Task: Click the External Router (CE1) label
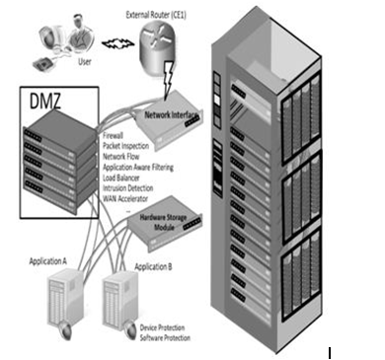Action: (x=156, y=15)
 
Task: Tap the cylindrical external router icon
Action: (x=157, y=46)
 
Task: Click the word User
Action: (x=85, y=61)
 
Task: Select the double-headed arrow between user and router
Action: (x=117, y=43)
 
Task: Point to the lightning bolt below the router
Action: (x=168, y=79)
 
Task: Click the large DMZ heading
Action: (x=45, y=101)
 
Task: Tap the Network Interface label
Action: (x=171, y=114)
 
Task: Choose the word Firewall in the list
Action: (x=113, y=135)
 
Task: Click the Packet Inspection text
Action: (x=125, y=146)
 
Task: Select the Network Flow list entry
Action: (x=121, y=156)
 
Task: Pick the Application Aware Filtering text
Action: (x=138, y=168)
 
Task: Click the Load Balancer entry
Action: (x=121, y=178)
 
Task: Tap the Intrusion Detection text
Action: (x=128, y=188)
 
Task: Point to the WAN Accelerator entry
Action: (x=125, y=198)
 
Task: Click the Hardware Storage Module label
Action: (x=164, y=222)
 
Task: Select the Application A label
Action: (x=48, y=261)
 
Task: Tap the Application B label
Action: (x=153, y=266)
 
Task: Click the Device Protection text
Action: (x=162, y=327)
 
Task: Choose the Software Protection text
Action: (x=165, y=337)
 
